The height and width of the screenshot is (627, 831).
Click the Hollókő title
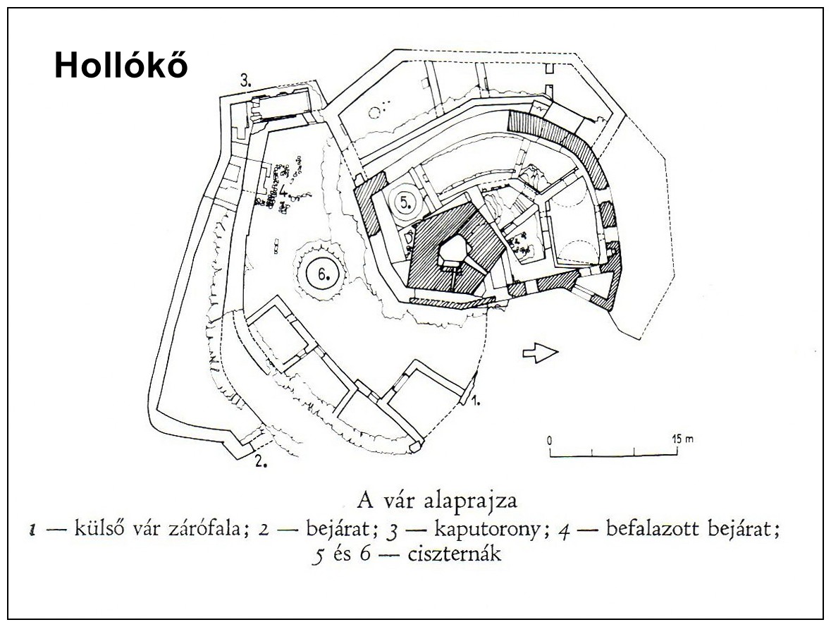click(x=121, y=66)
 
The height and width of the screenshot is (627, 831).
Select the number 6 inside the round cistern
click(x=324, y=273)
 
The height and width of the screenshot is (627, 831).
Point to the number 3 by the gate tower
click(x=246, y=81)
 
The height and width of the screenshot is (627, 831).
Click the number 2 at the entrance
click(x=260, y=461)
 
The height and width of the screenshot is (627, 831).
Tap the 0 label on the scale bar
click(x=550, y=440)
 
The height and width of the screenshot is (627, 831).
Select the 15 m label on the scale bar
click(x=682, y=439)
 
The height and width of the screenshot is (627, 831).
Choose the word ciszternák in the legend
click(x=454, y=554)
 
